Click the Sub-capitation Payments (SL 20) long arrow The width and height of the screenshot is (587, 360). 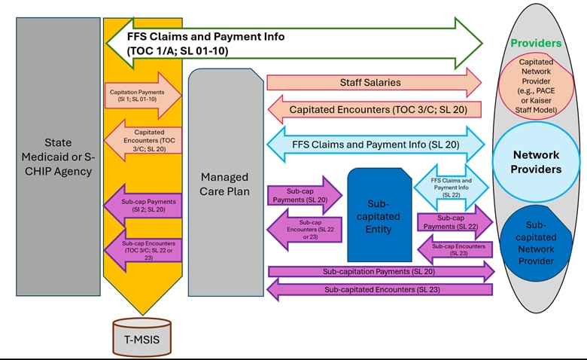(x=380, y=271)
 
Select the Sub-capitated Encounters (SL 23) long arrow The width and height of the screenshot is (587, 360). (x=380, y=289)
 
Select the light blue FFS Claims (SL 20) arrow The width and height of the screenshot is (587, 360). (x=376, y=143)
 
